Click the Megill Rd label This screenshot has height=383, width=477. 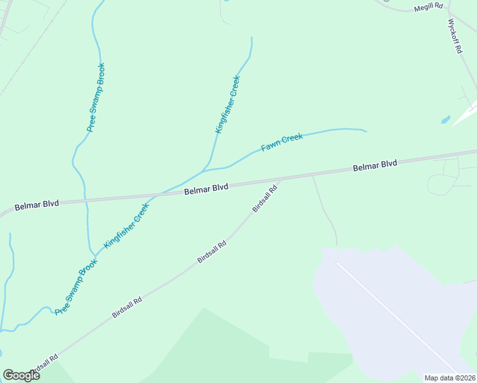[x=429, y=8]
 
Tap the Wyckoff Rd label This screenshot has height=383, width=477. [x=454, y=35]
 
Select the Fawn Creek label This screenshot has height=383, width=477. [x=281, y=142]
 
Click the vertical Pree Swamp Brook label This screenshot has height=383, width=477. [x=96, y=97]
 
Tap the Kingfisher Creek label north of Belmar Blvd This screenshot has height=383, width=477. [x=227, y=104]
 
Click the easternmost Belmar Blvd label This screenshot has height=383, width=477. [x=375, y=166]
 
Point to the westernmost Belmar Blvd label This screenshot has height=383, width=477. [x=36, y=204]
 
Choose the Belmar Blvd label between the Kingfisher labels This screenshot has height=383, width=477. [x=206, y=188]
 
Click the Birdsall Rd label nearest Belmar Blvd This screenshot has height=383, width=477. [x=265, y=198]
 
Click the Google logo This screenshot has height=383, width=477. [x=22, y=375]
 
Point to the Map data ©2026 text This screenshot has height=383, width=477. [x=450, y=378]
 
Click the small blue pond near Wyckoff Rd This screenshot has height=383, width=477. [x=445, y=119]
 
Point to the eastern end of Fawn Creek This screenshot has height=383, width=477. [x=365, y=131]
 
